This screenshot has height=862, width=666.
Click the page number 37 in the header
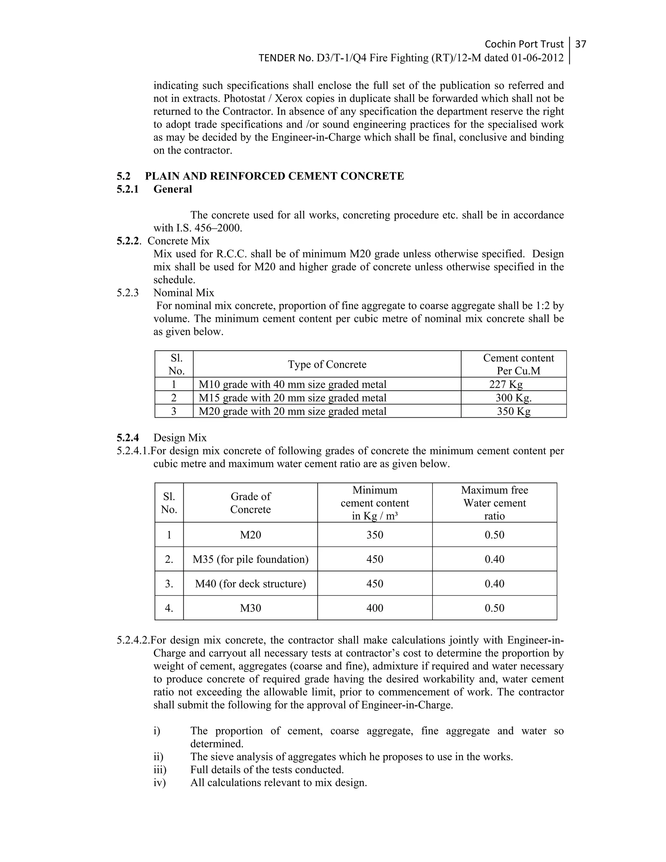click(580, 44)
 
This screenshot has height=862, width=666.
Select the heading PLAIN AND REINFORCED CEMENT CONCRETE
click(274, 176)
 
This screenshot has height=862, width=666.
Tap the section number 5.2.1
click(127, 189)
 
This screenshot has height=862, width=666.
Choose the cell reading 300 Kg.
click(513, 398)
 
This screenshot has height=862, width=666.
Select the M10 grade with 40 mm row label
click(292, 384)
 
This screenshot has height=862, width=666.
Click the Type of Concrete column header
click(327, 364)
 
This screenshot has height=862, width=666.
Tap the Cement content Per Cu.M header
click(518, 364)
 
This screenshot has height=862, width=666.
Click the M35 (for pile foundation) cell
click(250, 559)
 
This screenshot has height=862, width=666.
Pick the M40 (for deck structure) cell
click(250, 584)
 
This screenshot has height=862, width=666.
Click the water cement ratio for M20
click(494, 535)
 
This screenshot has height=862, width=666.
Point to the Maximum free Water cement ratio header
click(494, 503)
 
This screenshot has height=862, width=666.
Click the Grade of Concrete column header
click(250, 503)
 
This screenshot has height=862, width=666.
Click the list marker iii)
click(160, 770)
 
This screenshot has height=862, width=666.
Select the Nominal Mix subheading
click(183, 293)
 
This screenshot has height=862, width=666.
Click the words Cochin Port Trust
click(524, 44)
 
